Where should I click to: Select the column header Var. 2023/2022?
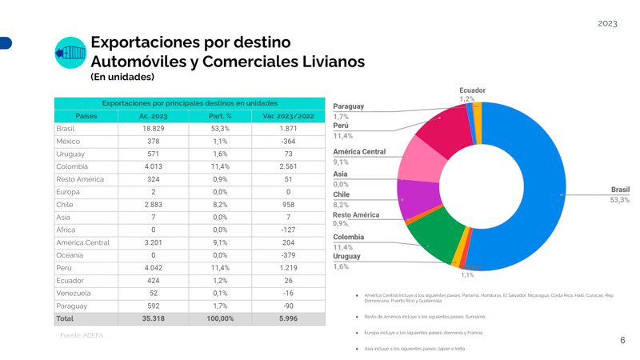coord(288,116)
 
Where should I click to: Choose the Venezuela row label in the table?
coord(72,293)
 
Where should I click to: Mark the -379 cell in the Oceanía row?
coord(288,255)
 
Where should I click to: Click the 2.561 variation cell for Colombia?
coord(288,166)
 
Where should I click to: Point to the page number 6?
coord(622,340)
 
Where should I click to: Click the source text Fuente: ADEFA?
coord(82,335)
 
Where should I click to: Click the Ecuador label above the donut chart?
coord(472,90)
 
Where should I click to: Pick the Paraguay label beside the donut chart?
coord(348,106)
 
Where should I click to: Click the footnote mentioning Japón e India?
coord(414,350)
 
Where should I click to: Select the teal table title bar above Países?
coord(190,103)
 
